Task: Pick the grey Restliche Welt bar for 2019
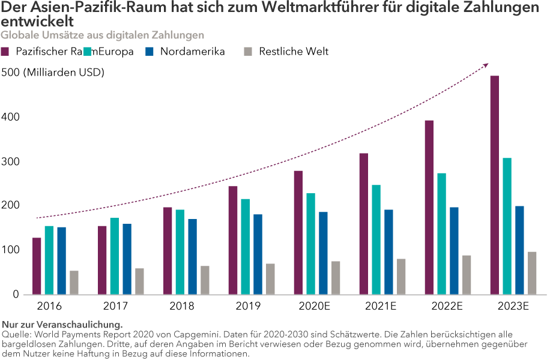tap(270, 279)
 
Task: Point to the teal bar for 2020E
tap(311, 244)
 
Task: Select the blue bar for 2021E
tap(389, 252)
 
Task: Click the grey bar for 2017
tap(139, 281)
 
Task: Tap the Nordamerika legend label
tap(192, 52)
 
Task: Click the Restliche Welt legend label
tap(294, 52)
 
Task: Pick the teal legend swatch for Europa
tap(88, 52)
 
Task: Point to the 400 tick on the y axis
tap(11, 117)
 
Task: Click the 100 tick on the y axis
tap(11, 250)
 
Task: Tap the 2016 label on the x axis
tap(49, 307)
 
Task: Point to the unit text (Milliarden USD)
tap(64, 73)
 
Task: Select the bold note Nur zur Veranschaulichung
tap(62, 325)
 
